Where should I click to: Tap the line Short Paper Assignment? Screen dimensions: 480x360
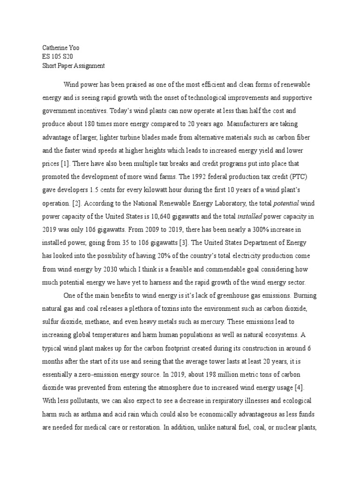(x=70, y=65)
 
